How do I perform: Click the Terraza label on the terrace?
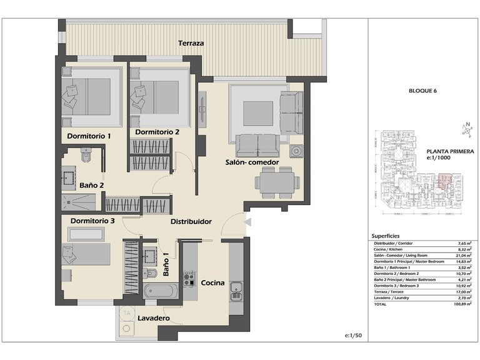click(x=191, y=44)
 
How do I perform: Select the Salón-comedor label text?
click(x=252, y=162)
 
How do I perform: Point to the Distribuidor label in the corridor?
click(x=191, y=221)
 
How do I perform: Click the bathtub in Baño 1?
click(x=161, y=292)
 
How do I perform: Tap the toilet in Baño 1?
click(x=150, y=273)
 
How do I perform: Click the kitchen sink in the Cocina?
click(x=236, y=288)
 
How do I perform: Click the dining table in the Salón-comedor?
click(x=274, y=183)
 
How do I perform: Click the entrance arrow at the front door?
click(x=247, y=221)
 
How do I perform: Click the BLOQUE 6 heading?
click(x=422, y=91)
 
